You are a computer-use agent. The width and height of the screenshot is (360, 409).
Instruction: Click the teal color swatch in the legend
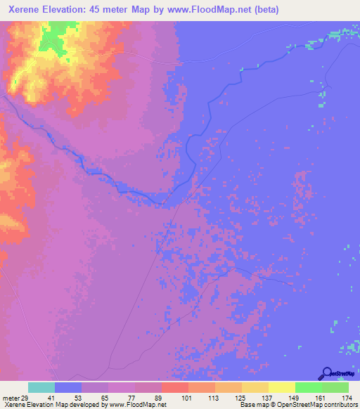[41, 387]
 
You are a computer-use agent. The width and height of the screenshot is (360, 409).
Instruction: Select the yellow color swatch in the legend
[282, 387]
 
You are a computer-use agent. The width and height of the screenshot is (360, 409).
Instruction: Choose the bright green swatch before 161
[309, 387]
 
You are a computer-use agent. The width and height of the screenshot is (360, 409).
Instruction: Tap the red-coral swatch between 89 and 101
[175, 387]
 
